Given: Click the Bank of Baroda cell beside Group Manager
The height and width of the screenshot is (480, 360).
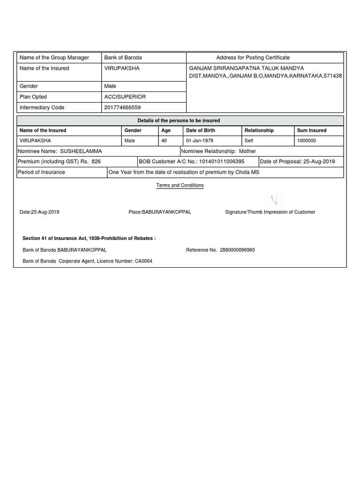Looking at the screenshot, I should pos(123,58).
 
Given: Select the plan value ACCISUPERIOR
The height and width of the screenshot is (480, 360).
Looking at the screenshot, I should pos(125,97).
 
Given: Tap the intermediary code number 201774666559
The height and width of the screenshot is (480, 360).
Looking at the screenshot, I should pos(122,107).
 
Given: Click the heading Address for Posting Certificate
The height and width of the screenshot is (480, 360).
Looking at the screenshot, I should pos(253,58).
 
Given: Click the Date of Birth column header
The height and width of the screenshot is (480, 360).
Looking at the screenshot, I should pos(200,130).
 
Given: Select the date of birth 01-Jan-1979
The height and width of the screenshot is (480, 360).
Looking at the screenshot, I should pos(200,141).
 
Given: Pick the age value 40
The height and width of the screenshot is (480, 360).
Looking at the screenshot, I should pos(164,141).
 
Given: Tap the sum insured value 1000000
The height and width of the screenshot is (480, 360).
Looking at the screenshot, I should pos(307,141).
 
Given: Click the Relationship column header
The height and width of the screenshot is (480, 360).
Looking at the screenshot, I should pos(259,130).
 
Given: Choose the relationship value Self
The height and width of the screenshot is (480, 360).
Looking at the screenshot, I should pos(249,141).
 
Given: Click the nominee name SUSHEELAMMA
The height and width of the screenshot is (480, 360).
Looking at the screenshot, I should pos(81,151).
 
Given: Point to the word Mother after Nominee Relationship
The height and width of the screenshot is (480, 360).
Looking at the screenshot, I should pos(247,151).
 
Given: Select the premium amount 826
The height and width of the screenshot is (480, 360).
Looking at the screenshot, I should pos(96,162).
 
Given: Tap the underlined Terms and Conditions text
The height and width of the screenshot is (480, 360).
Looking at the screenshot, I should pos(180,186).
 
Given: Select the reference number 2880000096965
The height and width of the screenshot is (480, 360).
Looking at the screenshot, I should pos(237,250).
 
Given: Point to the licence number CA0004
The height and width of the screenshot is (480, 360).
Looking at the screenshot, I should pos(143,261).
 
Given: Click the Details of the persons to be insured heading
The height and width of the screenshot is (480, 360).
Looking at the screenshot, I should pos(179,120).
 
